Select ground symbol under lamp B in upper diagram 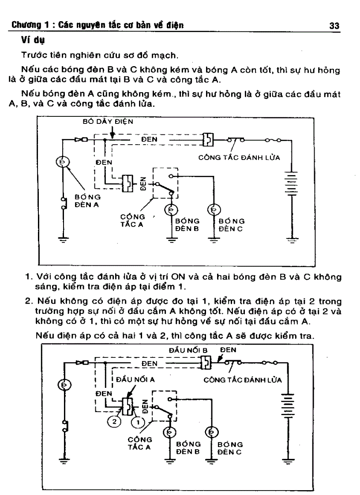[172, 240]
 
